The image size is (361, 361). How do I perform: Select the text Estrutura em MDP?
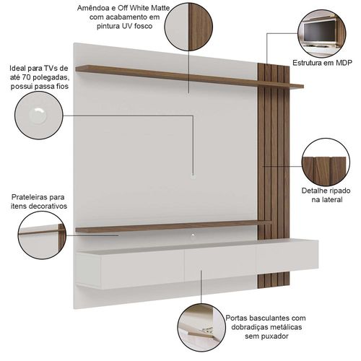(x=322, y=63)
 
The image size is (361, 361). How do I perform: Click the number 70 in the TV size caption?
(x=25, y=77)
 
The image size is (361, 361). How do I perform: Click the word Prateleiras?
(x=26, y=197)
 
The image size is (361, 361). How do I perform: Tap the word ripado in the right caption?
(x=339, y=191)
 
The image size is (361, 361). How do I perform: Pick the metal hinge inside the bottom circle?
(x=207, y=330)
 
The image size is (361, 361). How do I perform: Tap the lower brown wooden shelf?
(x=173, y=227)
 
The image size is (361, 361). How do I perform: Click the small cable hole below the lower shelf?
(x=193, y=235)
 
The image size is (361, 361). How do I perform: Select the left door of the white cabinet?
(x=142, y=269)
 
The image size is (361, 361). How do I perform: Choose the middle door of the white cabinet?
(x=220, y=264)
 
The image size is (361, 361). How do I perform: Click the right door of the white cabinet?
(x=287, y=256)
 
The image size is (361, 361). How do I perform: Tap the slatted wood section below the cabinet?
(x=274, y=280)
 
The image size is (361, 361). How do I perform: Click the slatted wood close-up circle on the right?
(x=326, y=162)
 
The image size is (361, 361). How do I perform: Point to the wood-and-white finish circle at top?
(x=189, y=27)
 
